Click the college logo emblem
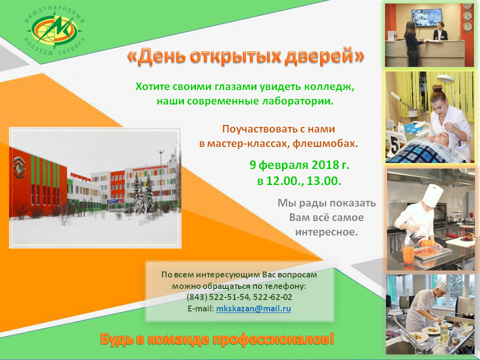click(54, 29)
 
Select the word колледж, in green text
click(329, 87)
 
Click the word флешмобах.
click(325, 143)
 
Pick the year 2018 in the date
click(325, 165)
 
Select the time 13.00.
click(324, 181)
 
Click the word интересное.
click(326, 232)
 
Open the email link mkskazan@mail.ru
click(253, 308)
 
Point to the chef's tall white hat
click(432, 195)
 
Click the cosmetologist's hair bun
click(437, 89)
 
